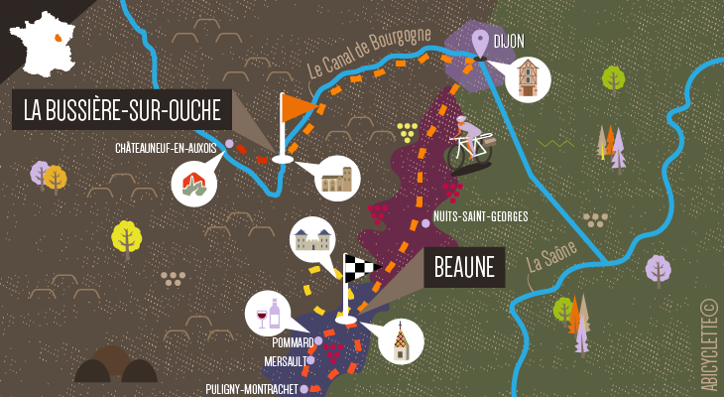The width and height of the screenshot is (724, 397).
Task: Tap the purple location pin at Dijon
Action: click(x=481, y=44)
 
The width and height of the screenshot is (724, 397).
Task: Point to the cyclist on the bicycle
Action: click(x=472, y=145)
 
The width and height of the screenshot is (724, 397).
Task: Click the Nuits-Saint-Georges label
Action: click(x=480, y=217)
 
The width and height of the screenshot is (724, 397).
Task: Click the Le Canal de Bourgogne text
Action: click(x=369, y=56)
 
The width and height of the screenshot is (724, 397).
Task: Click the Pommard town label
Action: click(x=292, y=342)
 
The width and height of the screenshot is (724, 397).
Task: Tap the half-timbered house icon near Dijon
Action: click(x=528, y=76)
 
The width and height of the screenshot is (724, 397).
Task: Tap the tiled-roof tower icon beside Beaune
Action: click(x=400, y=341)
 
